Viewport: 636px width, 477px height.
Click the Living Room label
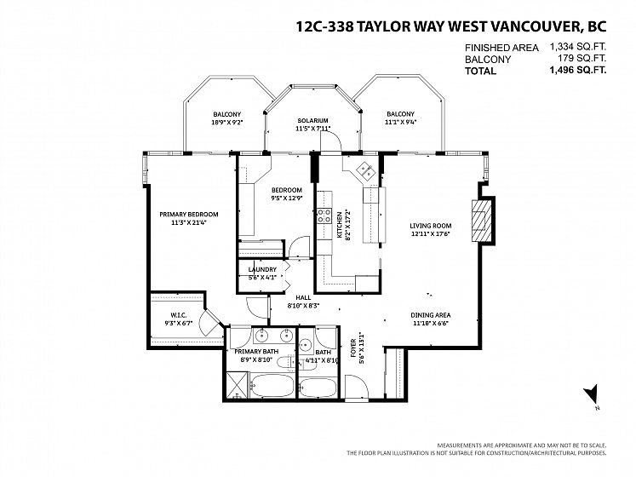[x=430, y=226]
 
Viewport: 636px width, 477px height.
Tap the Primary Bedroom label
[x=189, y=215]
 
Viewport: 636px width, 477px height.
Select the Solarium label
[x=312, y=121]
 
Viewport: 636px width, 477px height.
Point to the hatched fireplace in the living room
[x=481, y=221]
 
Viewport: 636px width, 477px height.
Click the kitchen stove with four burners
[x=324, y=216]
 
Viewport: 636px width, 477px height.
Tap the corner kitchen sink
[x=365, y=170]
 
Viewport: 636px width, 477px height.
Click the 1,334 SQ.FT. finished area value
[x=578, y=46]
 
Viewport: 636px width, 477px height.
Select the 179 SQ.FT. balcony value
[x=582, y=58]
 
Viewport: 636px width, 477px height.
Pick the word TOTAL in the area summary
[x=481, y=71]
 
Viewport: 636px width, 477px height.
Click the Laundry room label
[x=262, y=269]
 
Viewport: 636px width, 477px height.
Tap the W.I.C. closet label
[x=178, y=315]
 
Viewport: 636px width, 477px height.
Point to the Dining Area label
[x=430, y=315]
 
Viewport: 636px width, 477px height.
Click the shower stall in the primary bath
[x=237, y=385]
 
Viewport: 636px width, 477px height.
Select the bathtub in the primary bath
[x=272, y=386]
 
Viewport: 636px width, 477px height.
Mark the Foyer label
[x=352, y=348]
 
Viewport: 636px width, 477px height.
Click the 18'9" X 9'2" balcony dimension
[x=226, y=122]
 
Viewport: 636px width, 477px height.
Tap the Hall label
[x=303, y=297]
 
